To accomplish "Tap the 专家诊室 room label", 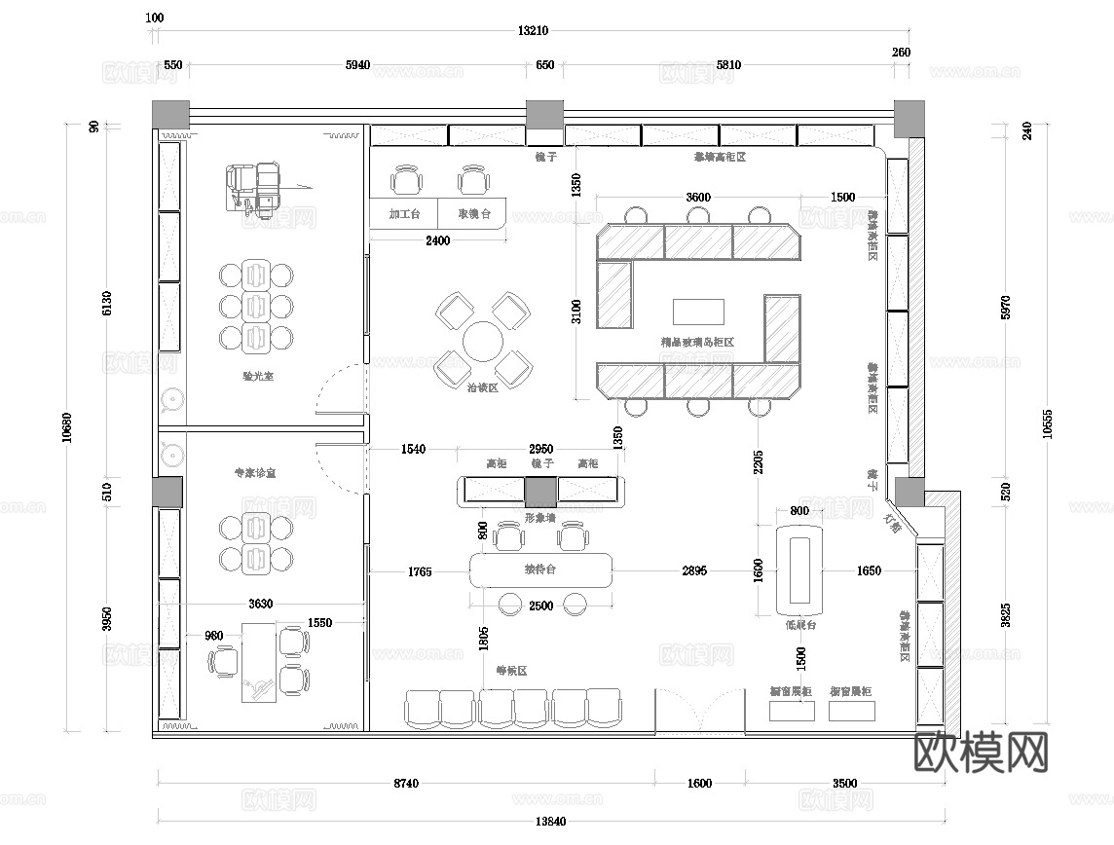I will (254, 473).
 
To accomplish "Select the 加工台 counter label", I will (403, 214).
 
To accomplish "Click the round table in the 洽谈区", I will (483, 342).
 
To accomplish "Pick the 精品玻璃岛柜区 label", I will (696, 342).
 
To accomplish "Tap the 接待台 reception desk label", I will (540, 569).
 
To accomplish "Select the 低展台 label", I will (800, 625).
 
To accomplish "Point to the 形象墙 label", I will (539, 518).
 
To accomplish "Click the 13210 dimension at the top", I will (533, 31).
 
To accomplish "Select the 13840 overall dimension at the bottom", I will (550, 821).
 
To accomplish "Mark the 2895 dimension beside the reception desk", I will (694, 571).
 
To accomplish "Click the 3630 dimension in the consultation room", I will (260, 604).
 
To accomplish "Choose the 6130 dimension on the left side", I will (108, 304).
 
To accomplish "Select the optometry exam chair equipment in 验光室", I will (255, 186).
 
